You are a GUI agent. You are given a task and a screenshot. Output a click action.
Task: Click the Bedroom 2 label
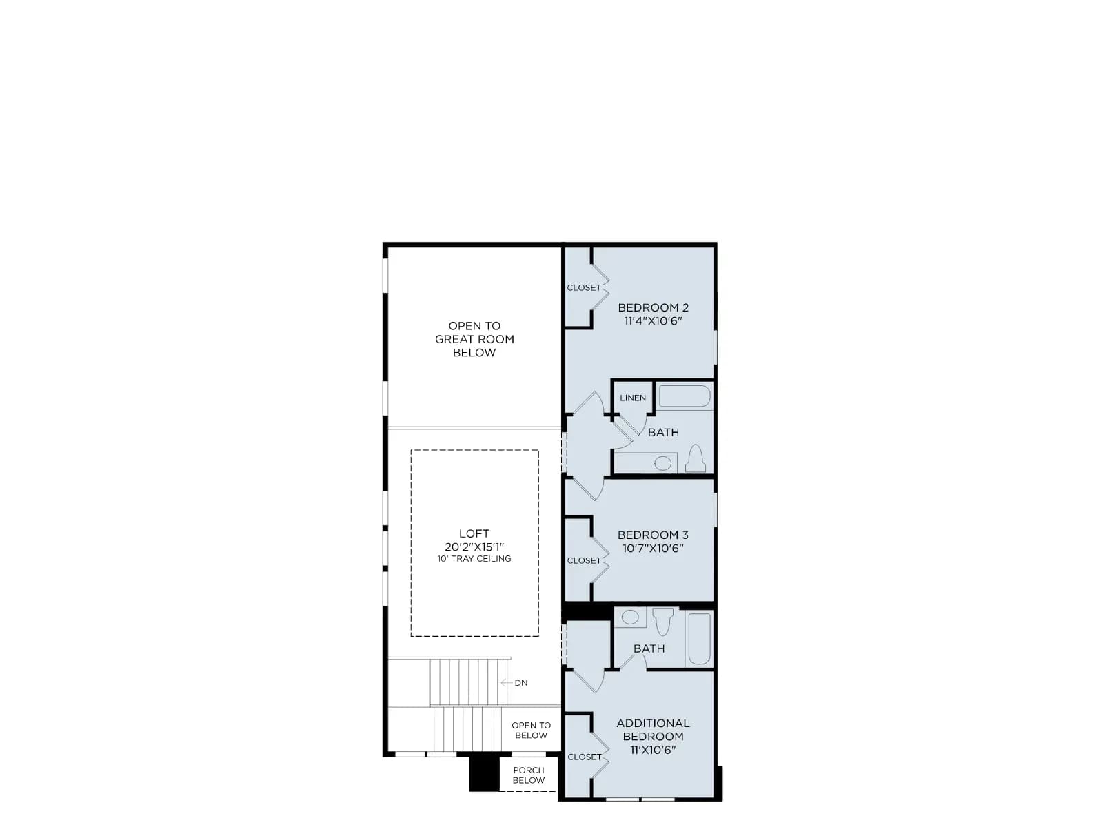point(653,307)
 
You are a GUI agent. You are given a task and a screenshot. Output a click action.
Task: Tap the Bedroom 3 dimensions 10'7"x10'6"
point(653,548)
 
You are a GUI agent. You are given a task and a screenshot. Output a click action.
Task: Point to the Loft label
point(474,533)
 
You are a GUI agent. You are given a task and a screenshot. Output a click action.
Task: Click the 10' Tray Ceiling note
point(474,558)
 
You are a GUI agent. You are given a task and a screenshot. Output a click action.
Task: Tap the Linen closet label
point(633,398)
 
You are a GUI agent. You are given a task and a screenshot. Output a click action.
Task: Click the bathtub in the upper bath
point(685,396)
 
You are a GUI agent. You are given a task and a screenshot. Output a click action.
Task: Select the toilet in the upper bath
point(696,458)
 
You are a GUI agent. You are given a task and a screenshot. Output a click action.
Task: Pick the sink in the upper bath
point(662,463)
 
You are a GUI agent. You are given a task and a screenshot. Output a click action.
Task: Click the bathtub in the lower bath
point(699,638)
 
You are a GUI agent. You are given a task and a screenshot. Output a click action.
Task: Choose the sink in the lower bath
point(630,617)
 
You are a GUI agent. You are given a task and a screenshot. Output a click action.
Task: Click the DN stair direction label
point(521,682)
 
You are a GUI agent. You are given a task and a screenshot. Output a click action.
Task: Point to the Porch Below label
point(528,775)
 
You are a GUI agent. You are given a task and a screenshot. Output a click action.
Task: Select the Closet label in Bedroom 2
point(584,287)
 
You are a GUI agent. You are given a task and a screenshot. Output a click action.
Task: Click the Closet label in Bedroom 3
point(584,560)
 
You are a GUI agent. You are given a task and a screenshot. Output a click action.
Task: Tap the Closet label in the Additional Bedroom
point(585,757)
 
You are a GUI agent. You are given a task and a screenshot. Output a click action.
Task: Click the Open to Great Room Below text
point(474,339)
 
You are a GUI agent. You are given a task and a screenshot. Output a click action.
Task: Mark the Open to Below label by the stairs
point(531,730)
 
